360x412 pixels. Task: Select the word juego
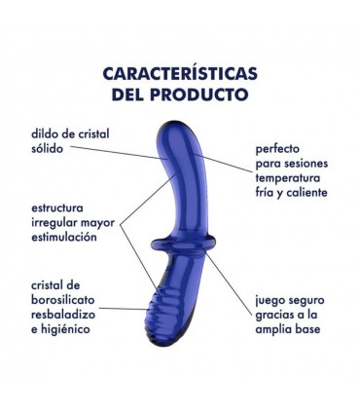(x=272, y=301)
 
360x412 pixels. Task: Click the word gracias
(x=277, y=315)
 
